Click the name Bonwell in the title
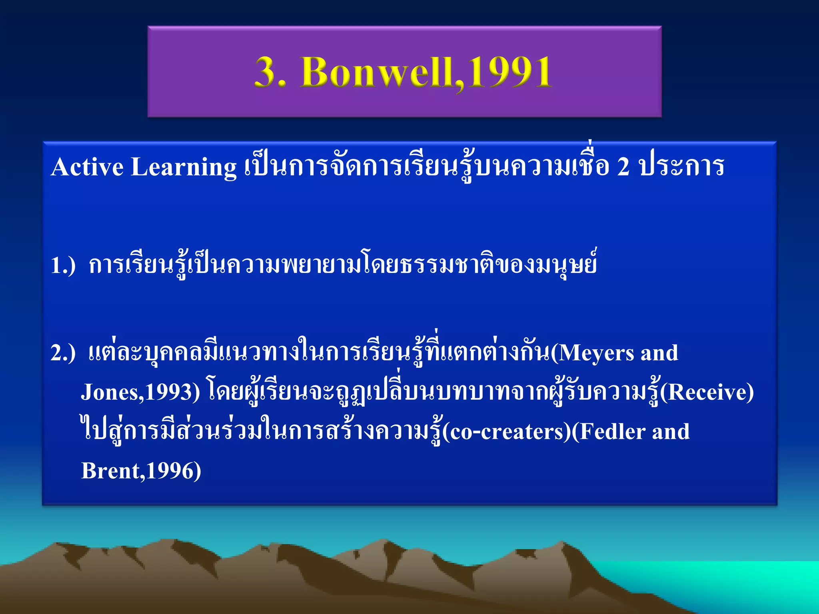(378, 72)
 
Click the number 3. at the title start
(270, 72)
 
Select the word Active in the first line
(87, 167)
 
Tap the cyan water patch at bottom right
(740, 580)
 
